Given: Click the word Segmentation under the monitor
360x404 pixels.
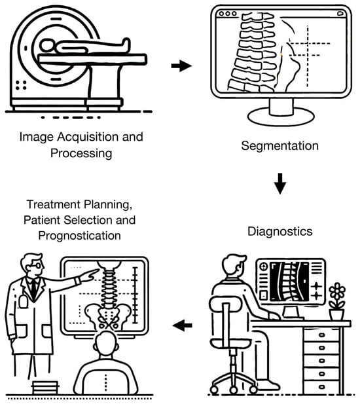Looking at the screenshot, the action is click(279, 146).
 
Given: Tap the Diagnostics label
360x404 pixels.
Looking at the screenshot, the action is click(280, 231).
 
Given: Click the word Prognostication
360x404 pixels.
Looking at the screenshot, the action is click(80, 236).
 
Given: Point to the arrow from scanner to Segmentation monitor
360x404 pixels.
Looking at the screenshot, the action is click(181, 65).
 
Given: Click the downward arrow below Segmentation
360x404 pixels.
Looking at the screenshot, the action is click(280, 184).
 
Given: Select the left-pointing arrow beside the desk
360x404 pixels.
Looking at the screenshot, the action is click(183, 325).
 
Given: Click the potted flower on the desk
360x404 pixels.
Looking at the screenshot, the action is click(337, 301).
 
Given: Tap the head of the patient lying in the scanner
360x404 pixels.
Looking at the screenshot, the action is click(46, 46).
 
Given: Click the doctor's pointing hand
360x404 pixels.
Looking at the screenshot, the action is click(90, 275).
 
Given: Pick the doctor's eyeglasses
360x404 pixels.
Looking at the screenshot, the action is click(36, 265).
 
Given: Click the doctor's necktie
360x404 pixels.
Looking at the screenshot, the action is click(34, 288).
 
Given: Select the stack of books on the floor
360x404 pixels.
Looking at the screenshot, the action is click(45, 388).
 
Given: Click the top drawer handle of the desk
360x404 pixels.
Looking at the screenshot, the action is click(322, 335).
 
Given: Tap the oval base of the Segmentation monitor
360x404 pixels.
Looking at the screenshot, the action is click(281, 117).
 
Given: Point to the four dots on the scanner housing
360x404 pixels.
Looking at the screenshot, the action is click(21, 85).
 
